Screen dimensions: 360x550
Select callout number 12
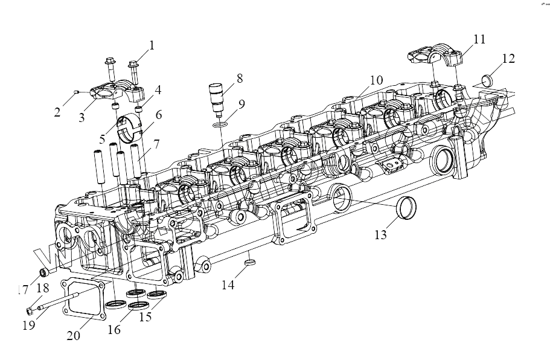pyautogui.click(x=508, y=58)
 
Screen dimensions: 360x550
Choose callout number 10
pyautogui.click(x=376, y=80)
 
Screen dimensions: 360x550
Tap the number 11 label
pyautogui.click(x=479, y=39)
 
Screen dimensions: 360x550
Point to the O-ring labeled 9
pyautogui.click(x=221, y=125)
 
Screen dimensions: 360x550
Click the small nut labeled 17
pyautogui.click(x=43, y=269)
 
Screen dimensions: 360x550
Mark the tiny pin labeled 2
pyautogui.click(x=75, y=91)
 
